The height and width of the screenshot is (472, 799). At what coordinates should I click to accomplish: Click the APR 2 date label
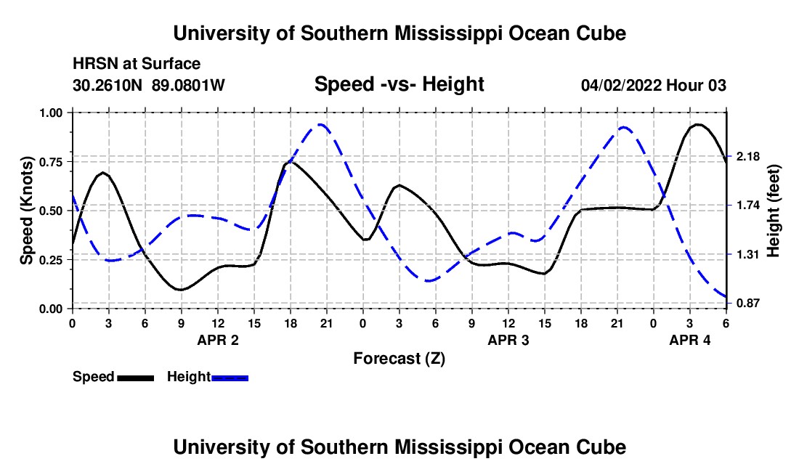pyautogui.click(x=218, y=339)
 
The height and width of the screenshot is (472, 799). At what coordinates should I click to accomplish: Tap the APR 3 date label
pyautogui.click(x=508, y=339)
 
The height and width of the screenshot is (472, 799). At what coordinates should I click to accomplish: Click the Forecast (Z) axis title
pyautogui.click(x=399, y=358)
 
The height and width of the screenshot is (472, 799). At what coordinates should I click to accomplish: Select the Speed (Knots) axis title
pyautogui.click(x=26, y=211)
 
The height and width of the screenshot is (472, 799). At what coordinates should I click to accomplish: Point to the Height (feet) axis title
pyautogui.click(x=773, y=211)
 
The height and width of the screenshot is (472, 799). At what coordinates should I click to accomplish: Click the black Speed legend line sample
pyautogui.click(x=135, y=377)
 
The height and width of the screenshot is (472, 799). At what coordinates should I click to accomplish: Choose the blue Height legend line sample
pyautogui.click(x=230, y=377)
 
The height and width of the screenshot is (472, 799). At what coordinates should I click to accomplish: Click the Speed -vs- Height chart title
pyautogui.click(x=399, y=84)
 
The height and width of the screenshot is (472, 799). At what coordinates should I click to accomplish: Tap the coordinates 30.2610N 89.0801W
pyautogui.click(x=149, y=85)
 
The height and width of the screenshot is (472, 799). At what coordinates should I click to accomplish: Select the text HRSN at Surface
pyautogui.click(x=137, y=65)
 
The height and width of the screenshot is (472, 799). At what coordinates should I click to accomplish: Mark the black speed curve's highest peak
pyautogui.click(x=697, y=124)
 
